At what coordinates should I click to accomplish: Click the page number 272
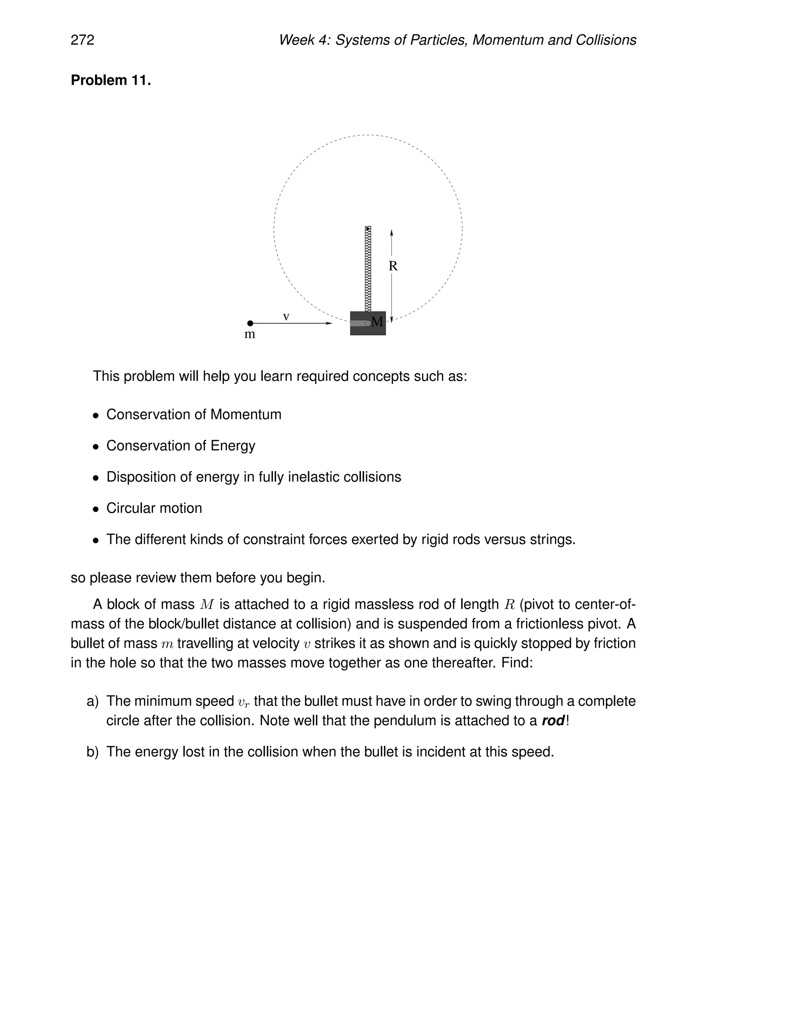pyautogui.click(x=83, y=40)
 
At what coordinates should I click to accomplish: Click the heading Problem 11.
pyautogui.click(x=111, y=80)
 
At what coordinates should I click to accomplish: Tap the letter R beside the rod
pyautogui.click(x=393, y=266)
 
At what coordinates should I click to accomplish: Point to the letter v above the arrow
pyautogui.click(x=286, y=316)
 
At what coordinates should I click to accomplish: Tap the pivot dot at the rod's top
pyautogui.click(x=368, y=229)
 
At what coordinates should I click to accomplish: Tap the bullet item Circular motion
pyautogui.click(x=154, y=509)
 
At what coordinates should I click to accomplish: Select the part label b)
pyautogui.click(x=93, y=752)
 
